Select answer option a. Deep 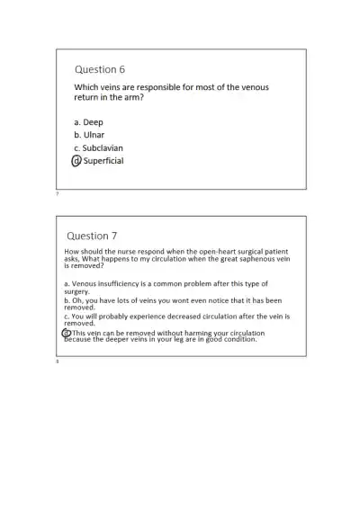(x=88, y=121)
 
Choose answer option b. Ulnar (x=89, y=134)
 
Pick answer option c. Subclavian (x=100, y=147)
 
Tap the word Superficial (x=103, y=161)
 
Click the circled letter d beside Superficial (x=76, y=161)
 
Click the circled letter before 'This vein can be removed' (x=67, y=333)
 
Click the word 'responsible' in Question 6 (x=166, y=87)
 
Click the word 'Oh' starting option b (x=76, y=300)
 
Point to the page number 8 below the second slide (x=58, y=362)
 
